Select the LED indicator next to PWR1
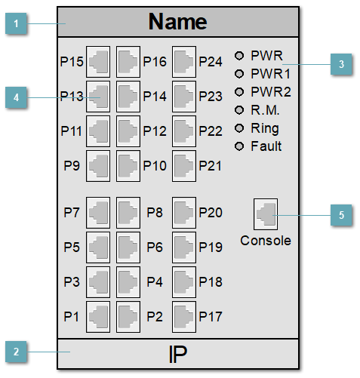click(240, 73)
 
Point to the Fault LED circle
click(240, 146)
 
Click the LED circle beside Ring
click(240, 128)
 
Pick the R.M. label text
click(265, 109)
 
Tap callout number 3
click(341, 65)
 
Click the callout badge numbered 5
click(341, 215)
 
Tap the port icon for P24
click(183, 60)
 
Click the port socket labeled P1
click(99, 315)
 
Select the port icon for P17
click(183, 315)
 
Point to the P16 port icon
click(128, 60)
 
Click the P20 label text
click(211, 213)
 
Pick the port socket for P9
click(99, 164)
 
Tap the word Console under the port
click(265, 241)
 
